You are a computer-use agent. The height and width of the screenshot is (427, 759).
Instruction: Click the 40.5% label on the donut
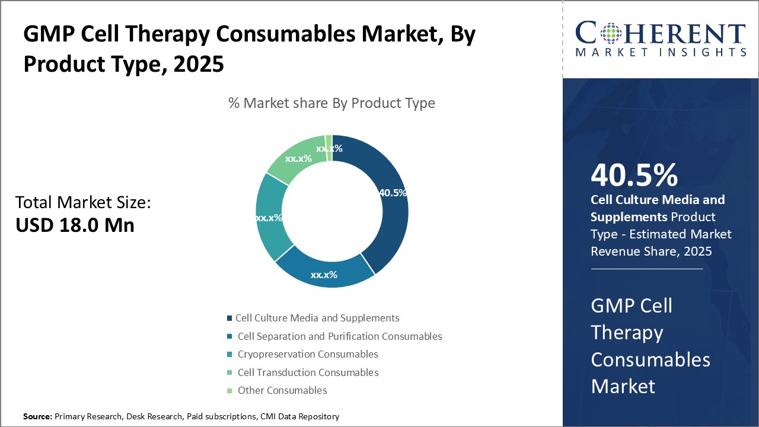(393, 193)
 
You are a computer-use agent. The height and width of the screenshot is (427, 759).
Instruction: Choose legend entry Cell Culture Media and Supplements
(317, 318)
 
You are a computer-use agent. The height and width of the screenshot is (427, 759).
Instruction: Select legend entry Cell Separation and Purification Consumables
(340, 336)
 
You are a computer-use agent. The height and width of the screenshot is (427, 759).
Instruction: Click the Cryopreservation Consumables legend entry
(308, 354)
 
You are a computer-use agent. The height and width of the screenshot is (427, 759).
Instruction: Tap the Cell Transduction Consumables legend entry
(308, 372)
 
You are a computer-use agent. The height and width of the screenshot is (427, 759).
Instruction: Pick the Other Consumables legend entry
(282, 390)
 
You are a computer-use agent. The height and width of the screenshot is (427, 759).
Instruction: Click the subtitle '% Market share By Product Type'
(331, 103)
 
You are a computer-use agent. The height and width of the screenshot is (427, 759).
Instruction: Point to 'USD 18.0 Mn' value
(75, 225)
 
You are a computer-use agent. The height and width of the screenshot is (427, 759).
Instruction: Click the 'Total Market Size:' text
(83, 203)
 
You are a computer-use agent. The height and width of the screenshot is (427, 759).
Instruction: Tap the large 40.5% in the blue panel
(634, 176)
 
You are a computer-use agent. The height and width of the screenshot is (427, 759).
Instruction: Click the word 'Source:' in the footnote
(38, 417)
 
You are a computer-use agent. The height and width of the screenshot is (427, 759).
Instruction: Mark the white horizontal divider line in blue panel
(646, 269)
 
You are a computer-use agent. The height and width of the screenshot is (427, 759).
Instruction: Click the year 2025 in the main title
(199, 63)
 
